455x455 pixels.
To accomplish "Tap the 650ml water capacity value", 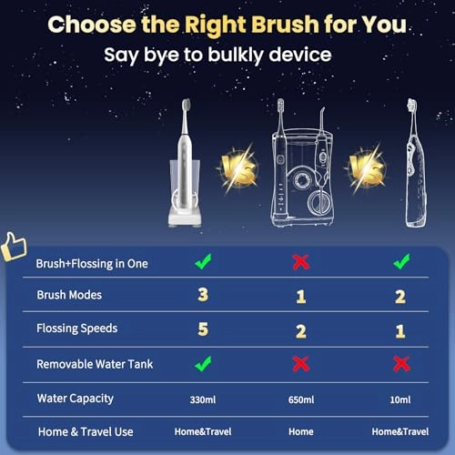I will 300,399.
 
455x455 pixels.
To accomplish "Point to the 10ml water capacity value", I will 400,399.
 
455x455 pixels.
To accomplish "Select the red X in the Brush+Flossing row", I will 300,262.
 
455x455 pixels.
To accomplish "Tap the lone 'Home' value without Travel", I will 300,431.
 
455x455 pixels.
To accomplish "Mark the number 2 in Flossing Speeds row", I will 300,329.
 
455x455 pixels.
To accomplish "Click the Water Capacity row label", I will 76,399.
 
